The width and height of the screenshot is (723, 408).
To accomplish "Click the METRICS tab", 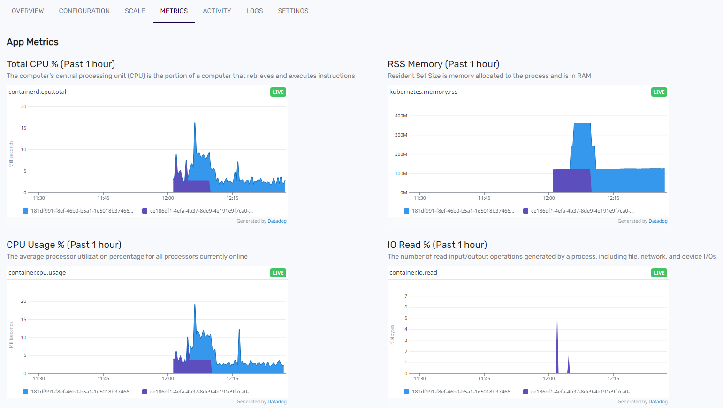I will pos(174,11).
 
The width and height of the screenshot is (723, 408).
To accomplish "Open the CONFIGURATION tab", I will pos(84,11).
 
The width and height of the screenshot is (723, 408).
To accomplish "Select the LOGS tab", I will pos(254,11).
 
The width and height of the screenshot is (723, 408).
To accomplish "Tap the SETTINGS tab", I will pos(293,11).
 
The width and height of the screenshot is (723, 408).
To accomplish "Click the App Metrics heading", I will pos(32,42).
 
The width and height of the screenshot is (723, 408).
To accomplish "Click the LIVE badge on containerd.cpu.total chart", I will pos(278,92).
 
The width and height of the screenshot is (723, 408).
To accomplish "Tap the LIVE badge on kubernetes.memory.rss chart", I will pos(659,92).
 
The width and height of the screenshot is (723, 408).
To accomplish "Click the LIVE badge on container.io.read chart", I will pos(659,273).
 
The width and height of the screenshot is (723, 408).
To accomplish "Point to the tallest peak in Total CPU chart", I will pos(195,123).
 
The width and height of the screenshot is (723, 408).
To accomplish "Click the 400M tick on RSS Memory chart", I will pos(401,115).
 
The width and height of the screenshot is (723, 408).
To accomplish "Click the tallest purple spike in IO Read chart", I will pos(557,314).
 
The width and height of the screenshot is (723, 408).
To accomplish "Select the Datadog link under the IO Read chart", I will pos(658,401).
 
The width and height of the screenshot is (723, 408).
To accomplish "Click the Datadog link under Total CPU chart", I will pos(277,221).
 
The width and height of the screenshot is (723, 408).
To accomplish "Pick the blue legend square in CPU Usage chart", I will pos(26,392).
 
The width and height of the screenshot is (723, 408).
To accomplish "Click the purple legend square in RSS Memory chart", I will pos(525,211).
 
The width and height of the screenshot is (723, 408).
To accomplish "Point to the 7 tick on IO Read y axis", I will pos(406,296).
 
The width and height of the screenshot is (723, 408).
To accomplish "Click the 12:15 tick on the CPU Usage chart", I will pos(232,378).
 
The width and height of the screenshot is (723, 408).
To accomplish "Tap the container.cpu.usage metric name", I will pos(37,272).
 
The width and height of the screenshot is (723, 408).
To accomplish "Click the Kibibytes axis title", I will pos(392,334).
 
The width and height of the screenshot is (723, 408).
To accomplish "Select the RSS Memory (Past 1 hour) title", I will pos(443,64).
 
